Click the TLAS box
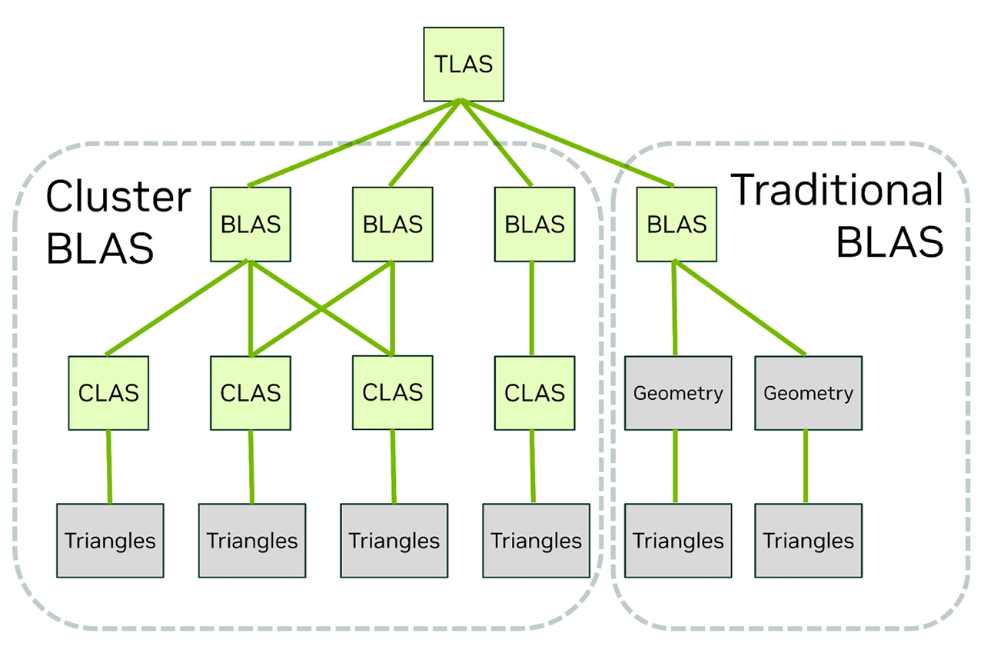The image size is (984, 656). pyautogui.click(x=464, y=64)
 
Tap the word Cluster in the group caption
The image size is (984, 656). pyautogui.click(x=118, y=197)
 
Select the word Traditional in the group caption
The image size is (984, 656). pyautogui.click(x=836, y=190)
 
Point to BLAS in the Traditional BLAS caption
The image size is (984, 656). pyautogui.click(x=889, y=242)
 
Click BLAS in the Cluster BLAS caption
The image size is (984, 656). pyautogui.click(x=100, y=248)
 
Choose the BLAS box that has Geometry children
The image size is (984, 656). pyautogui.click(x=676, y=224)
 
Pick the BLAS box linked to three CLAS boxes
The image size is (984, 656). pyautogui.click(x=251, y=224)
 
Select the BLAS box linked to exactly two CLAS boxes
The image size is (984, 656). pyautogui.click(x=392, y=224)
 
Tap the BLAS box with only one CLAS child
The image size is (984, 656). pyautogui.click(x=534, y=224)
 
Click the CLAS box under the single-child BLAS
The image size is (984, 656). pyautogui.click(x=534, y=393)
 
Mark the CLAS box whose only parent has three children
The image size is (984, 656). pyautogui.click(x=108, y=393)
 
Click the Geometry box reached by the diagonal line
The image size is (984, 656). pyautogui.click(x=808, y=393)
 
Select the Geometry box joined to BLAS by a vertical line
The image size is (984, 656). pyautogui.click(x=678, y=393)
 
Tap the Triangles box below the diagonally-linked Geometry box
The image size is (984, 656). pyautogui.click(x=808, y=541)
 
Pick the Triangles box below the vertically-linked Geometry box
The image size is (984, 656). pyautogui.click(x=678, y=541)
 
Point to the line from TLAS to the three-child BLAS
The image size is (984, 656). pyautogui.click(x=354, y=143)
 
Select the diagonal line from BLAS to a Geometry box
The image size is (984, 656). pyautogui.click(x=740, y=308)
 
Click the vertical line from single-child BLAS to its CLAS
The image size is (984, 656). pyautogui.click(x=532, y=308)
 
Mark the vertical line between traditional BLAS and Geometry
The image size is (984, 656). pyautogui.click(x=675, y=308)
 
